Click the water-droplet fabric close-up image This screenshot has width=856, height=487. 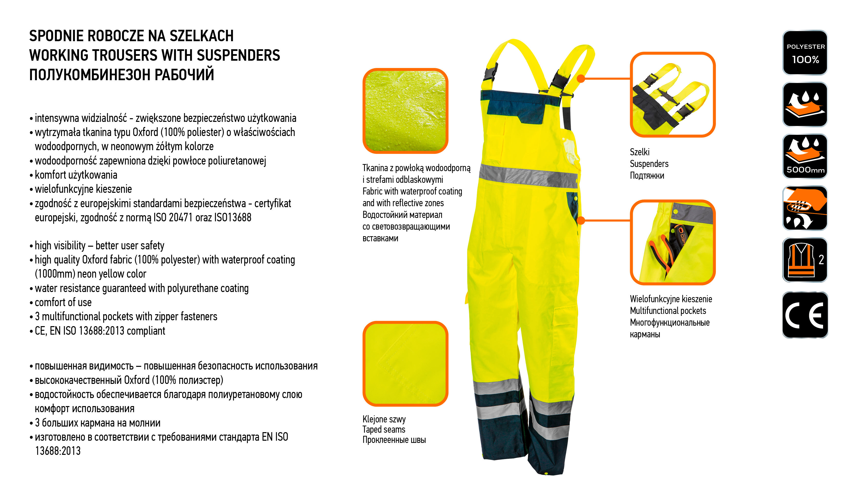pyautogui.click(x=405, y=111)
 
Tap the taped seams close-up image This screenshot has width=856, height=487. pyautogui.click(x=405, y=364)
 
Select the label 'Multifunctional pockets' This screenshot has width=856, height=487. pyautogui.click(x=668, y=311)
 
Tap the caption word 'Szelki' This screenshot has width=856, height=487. pyautogui.click(x=639, y=152)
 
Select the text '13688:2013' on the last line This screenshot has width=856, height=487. pyautogui.click(x=58, y=451)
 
